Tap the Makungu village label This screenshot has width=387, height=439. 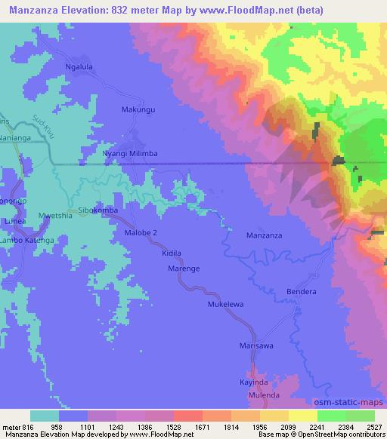(138, 110)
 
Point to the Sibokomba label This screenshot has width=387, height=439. (98, 210)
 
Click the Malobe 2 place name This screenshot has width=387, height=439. (141, 233)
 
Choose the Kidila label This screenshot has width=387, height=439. (172, 254)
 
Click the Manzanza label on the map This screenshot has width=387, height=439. (265, 236)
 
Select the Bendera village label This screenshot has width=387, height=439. (301, 291)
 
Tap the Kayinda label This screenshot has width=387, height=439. (255, 382)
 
